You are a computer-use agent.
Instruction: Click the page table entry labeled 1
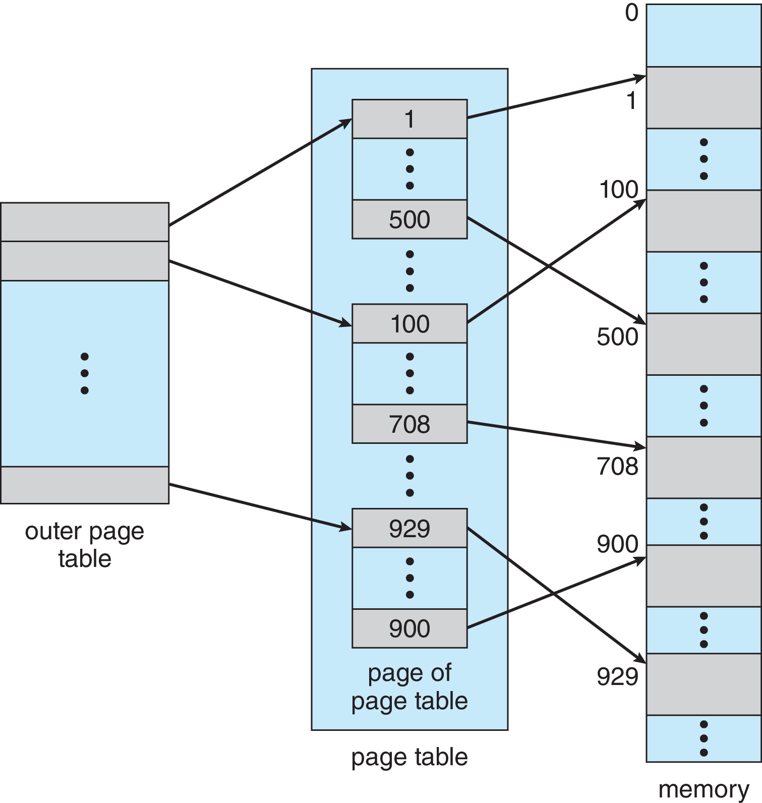coord(409,119)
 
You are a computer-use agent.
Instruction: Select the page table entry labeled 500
coord(409,219)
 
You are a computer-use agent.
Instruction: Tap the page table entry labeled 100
coord(409,323)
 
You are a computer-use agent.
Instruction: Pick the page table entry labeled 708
coord(409,424)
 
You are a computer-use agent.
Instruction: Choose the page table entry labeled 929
coord(409,528)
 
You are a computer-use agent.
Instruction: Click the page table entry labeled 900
coord(409,628)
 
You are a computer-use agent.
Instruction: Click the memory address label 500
coord(617,336)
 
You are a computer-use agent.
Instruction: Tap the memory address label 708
coord(617,466)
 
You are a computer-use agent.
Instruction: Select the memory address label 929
coord(617,676)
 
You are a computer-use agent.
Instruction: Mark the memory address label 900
coord(617,544)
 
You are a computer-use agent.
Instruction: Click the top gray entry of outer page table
coord(84,222)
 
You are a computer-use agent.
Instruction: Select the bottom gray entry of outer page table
coord(84,485)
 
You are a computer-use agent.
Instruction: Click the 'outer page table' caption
coord(84,545)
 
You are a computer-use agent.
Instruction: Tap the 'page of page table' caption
coord(409,687)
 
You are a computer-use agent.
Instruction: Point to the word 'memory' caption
coord(704,789)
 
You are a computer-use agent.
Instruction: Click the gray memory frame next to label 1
coord(704,97)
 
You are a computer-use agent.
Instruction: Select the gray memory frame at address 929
coord(704,684)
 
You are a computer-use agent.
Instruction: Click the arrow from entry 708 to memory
coord(555,434)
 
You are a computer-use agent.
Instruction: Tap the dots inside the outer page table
coord(84,373)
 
